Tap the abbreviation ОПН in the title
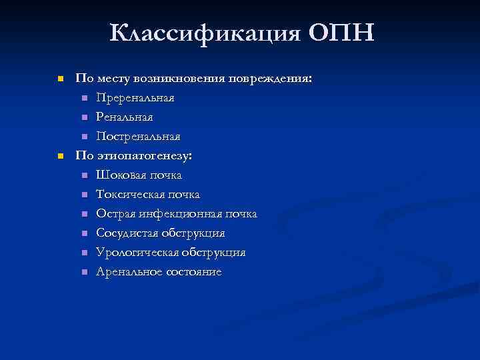point(341,31)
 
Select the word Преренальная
point(135,98)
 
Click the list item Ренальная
point(125,117)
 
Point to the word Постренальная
point(138,137)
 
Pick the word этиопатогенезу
point(143,156)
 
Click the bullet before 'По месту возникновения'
point(59,79)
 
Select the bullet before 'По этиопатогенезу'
point(59,156)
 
